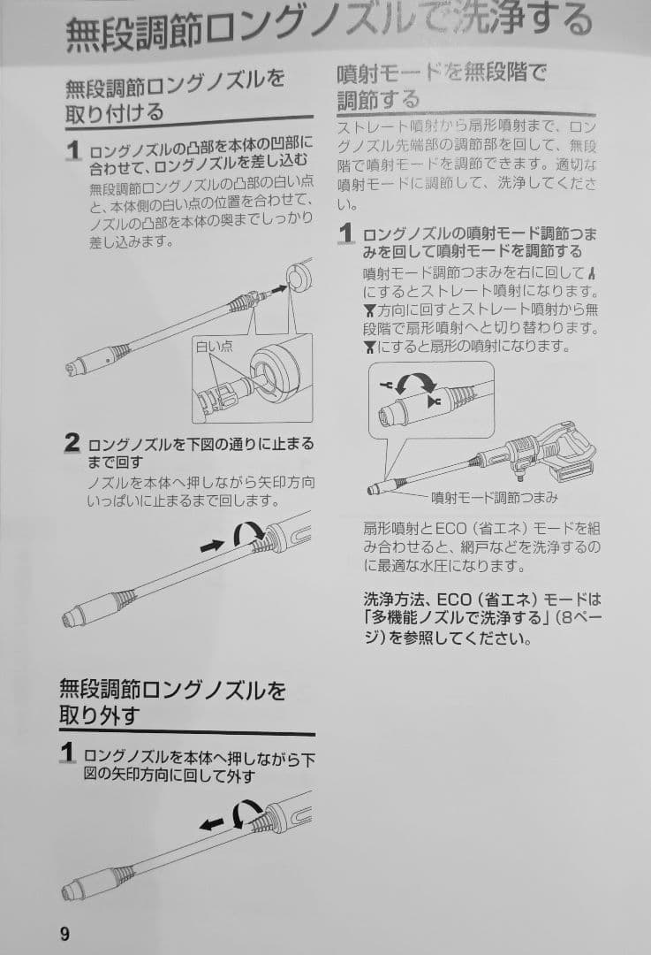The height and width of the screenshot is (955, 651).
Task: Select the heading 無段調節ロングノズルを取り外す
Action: (172, 702)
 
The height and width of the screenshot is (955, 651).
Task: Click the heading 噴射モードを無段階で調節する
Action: (442, 86)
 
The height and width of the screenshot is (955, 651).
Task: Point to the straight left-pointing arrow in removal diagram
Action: (210, 823)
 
